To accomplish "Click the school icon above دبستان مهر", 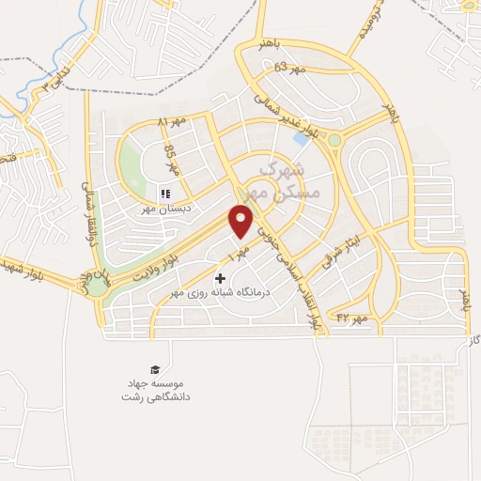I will [164, 194].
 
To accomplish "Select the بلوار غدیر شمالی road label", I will [281, 105].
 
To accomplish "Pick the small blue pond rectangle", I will [300, 139].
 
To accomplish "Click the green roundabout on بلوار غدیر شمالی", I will [334, 141].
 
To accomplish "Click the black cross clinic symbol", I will [221, 278].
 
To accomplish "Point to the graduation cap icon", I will [153, 369].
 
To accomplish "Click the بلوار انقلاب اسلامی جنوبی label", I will [293, 272].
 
